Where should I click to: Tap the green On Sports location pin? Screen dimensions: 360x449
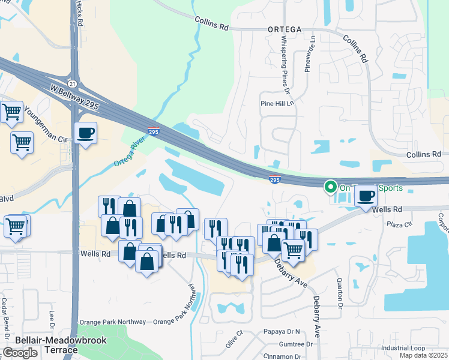click(x=330, y=187)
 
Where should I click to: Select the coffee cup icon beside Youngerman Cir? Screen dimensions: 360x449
click(x=86, y=133)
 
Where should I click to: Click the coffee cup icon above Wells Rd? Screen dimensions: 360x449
click(x=366, y=196)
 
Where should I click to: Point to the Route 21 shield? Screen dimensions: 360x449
click(x=72, y=83)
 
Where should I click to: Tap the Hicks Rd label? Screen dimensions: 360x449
click(x=80, y=13)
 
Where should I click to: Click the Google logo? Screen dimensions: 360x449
click(x=20, y=353)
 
